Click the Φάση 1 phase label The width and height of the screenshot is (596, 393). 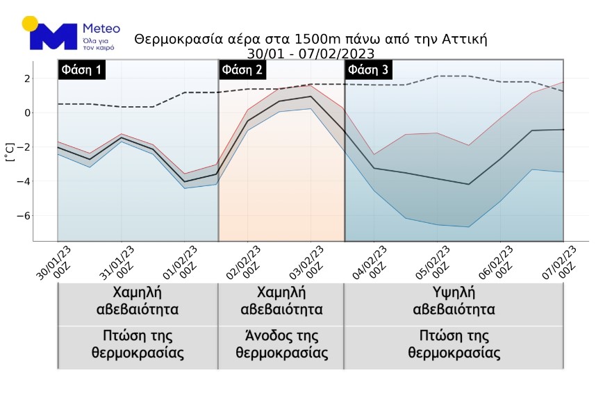(82, 70)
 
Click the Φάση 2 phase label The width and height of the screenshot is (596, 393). (242, 70)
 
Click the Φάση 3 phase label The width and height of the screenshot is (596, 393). (369, 70)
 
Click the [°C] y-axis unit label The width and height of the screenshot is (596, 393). (10, 151)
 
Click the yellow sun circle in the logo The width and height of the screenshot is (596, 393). (30, 24)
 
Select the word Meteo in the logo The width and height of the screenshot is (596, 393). (101, 29)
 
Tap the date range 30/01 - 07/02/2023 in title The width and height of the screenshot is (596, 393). (311, 53)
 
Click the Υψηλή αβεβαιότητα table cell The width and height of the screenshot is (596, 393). (454, 301)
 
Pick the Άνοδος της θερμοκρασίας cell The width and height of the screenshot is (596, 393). (281, 344)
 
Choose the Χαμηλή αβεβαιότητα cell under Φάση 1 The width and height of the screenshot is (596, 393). (138, 301)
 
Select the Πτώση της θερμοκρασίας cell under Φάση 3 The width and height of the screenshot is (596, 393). (454, 344)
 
